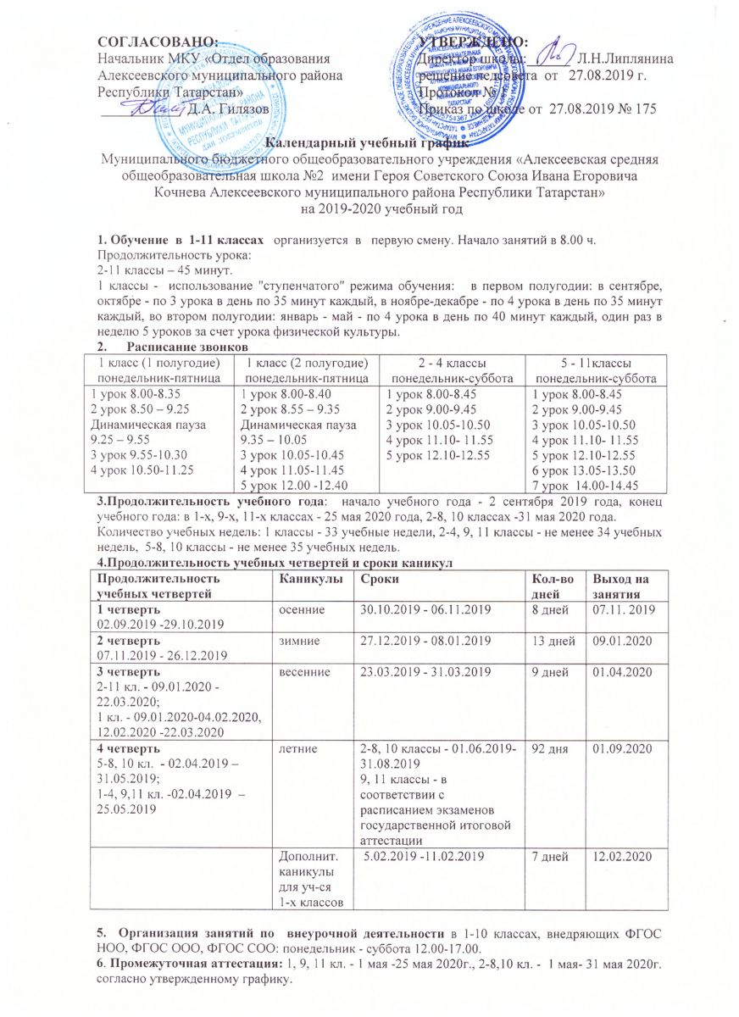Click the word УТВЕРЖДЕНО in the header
coord(473,41)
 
